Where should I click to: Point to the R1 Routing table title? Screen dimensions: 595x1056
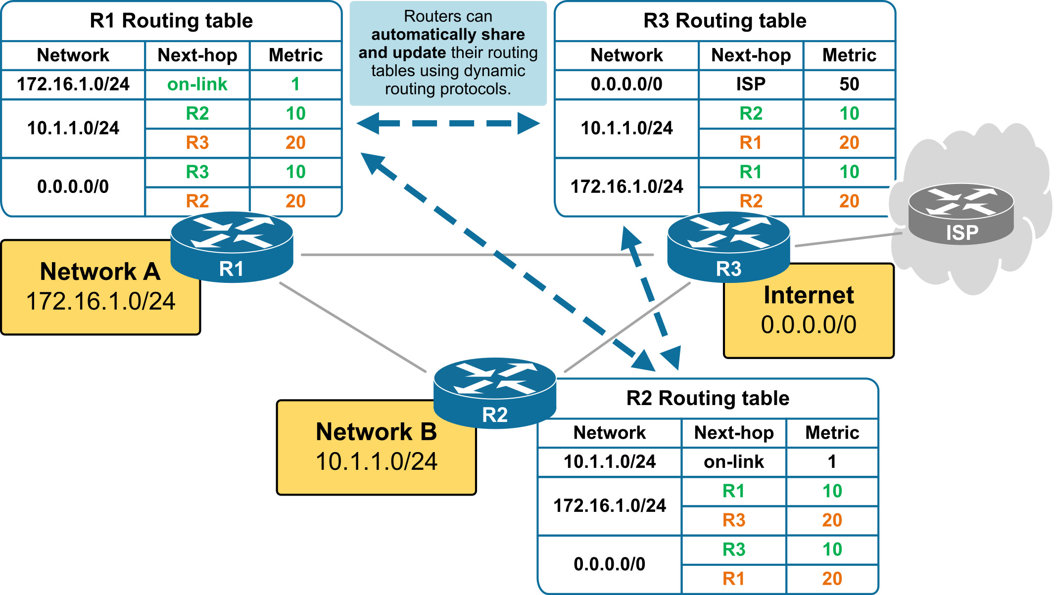click(x=171, y=21)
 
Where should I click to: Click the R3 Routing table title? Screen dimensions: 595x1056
click(x=724, y=21)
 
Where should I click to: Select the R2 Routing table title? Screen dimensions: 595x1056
click(x=708, y=398)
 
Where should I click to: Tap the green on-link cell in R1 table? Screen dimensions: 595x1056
click(x=197, y=85)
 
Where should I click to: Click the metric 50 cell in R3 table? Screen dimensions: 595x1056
click(x=849, y=85)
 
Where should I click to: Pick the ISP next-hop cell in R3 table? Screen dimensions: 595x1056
click(x=751, y=85)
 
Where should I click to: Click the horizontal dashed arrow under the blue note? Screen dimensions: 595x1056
click(x=448, y=123)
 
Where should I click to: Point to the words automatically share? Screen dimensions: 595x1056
click(x=448, y=35)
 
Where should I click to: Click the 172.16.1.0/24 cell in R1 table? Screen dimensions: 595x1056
click(x=73, y=85)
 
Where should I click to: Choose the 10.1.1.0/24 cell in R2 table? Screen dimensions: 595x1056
click(x=610, y=462)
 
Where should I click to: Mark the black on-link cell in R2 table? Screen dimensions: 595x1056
click(x=733, y=462)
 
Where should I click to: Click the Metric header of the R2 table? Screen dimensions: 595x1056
click(x=832, y=433)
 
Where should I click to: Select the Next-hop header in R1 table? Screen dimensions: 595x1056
click(x=197, y=55)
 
